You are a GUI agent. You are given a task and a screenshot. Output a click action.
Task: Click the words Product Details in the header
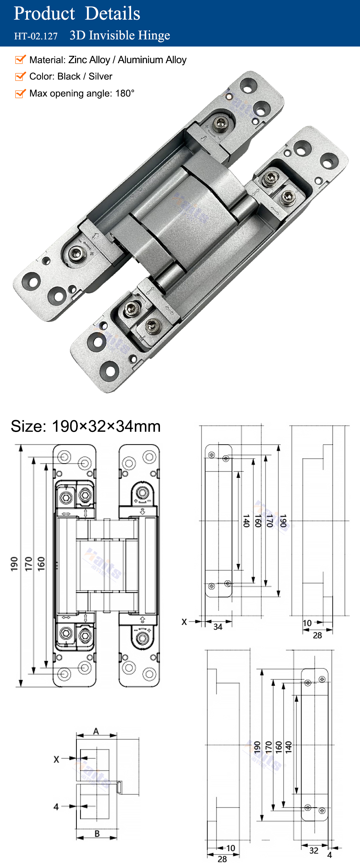[77, 14]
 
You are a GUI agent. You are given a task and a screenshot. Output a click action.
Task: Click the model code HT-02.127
[36, 36]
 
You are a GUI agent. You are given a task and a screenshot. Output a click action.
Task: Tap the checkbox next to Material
[20, 59]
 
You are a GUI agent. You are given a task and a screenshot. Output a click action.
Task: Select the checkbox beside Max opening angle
[20, 93]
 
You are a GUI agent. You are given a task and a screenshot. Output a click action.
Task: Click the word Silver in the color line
[100, 76]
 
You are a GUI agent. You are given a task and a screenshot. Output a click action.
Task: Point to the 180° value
[125, 93]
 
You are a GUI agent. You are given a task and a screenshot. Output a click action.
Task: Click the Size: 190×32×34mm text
[86, 426]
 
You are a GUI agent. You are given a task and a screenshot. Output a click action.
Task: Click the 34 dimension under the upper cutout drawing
[218, 627]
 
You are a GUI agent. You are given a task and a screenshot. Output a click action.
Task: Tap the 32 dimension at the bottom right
[314, 850]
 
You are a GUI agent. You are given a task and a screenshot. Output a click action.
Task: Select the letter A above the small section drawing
[96, 731]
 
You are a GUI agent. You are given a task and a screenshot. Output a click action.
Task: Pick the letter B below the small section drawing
[97, 833]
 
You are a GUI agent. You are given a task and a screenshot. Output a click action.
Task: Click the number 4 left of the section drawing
[56, 807]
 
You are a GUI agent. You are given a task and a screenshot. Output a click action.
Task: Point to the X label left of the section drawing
[56, 759]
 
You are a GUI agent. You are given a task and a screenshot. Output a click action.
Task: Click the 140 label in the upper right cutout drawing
[246, 521]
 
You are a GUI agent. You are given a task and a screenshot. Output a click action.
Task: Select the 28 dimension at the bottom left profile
[222, 859]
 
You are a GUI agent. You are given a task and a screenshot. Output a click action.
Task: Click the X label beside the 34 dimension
[184, 622]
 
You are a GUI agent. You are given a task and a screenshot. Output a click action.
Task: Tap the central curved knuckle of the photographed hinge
[190, 217]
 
